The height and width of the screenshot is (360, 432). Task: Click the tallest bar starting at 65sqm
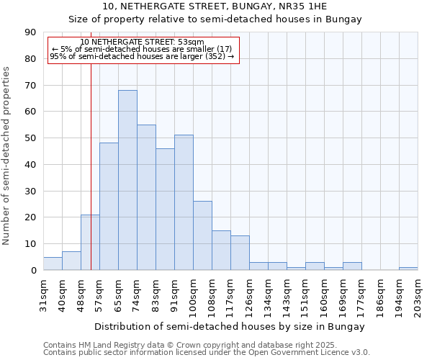(x=127, y=180)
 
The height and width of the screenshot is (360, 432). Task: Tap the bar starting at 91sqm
(x=184, y=202)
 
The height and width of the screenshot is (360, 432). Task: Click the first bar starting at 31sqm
(x=53, y=264)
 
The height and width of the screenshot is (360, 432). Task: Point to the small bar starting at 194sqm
(x=408, y=269)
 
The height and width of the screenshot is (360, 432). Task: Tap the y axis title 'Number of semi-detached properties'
(x=6, y=156)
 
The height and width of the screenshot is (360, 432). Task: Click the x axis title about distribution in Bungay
(x=230, y=326)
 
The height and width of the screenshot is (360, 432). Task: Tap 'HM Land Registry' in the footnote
(x=95, y=345)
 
